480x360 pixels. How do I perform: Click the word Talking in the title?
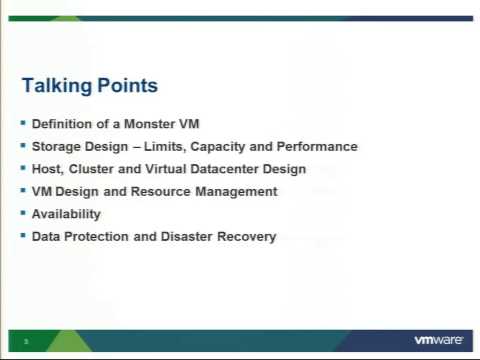point(57,87)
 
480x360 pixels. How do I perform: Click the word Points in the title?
point(127,86)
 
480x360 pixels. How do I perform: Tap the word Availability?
point(66,214)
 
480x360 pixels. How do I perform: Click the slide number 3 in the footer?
point(26,342)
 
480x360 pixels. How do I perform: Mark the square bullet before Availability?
point(23,213)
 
